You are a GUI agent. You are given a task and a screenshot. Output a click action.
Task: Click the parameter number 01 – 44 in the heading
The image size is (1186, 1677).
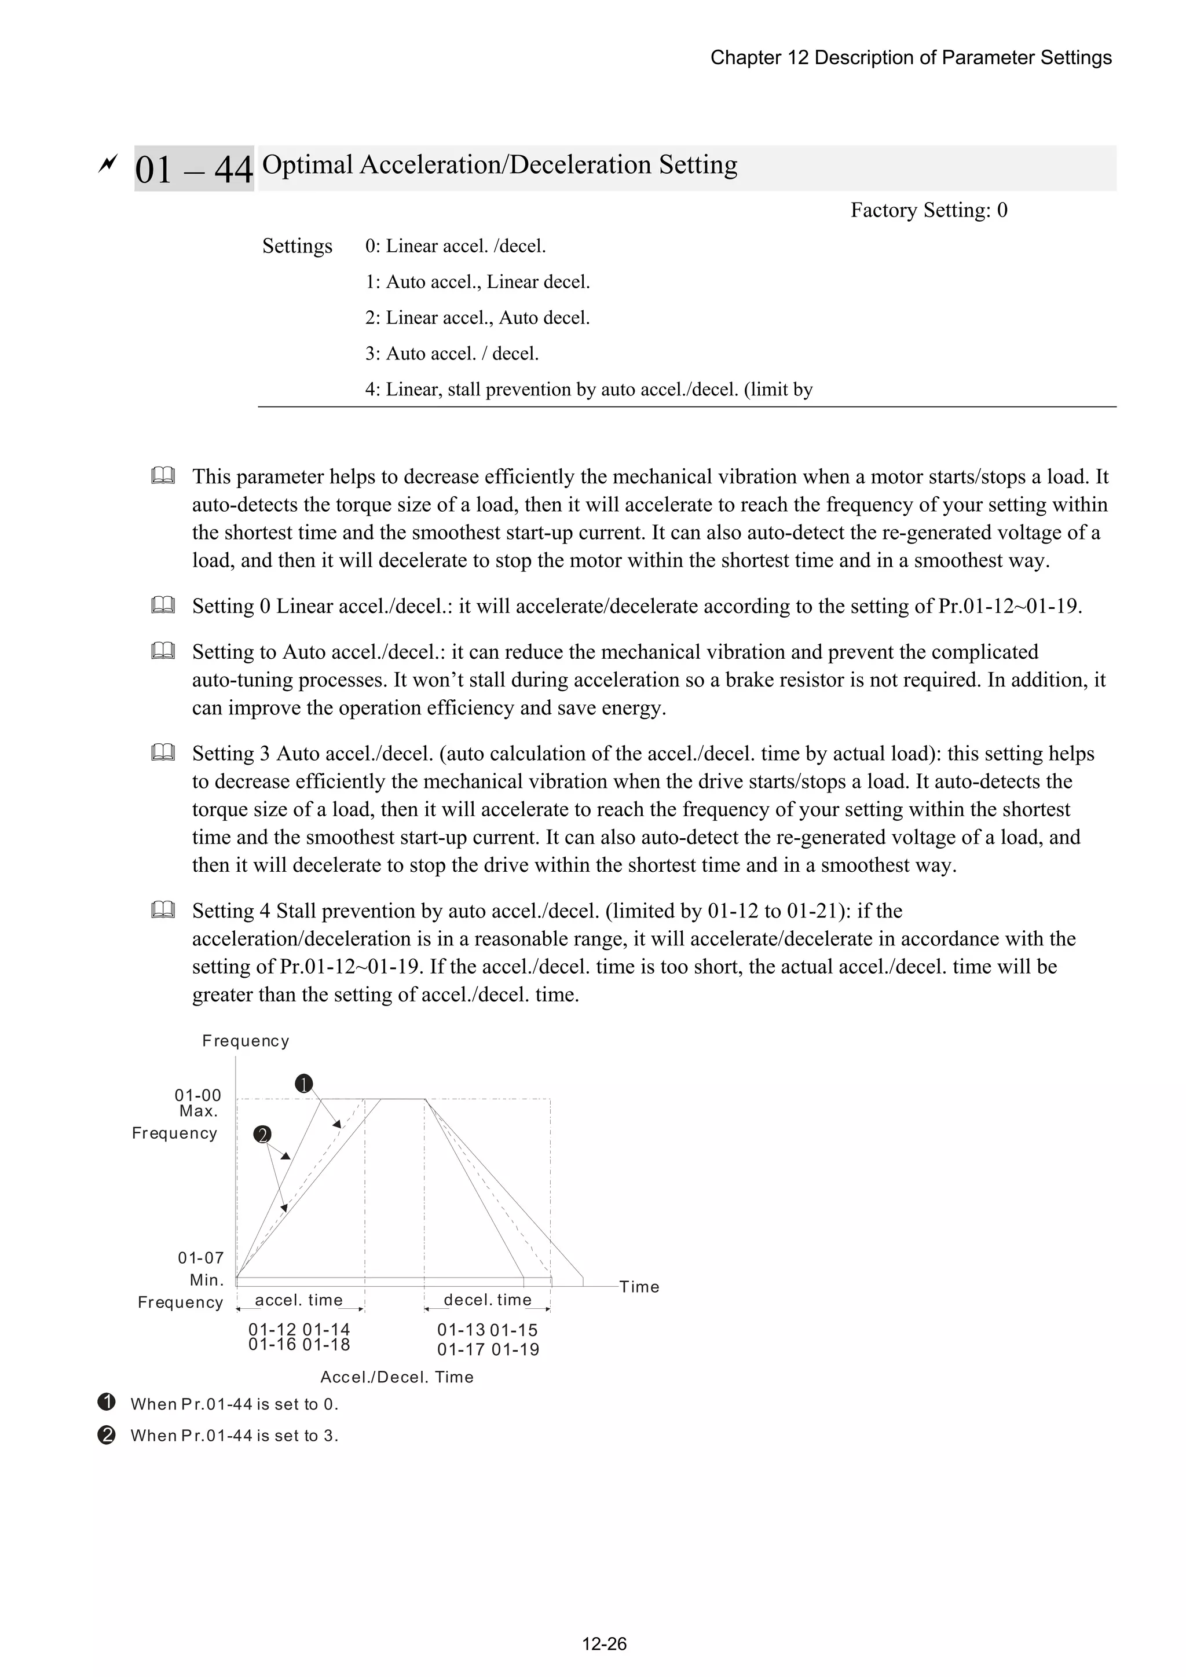193,170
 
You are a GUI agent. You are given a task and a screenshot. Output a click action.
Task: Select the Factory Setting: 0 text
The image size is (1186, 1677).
928,210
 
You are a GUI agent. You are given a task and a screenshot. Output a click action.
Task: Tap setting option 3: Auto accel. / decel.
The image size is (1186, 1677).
452,354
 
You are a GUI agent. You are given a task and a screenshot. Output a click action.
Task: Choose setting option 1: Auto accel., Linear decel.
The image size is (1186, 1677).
477,282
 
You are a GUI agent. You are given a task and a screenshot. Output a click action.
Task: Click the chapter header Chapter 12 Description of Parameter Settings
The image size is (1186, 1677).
910,58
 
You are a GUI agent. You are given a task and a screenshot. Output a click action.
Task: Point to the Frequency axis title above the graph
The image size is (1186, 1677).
246,1041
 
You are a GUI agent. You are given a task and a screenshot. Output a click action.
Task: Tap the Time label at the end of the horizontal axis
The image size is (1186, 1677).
639,1287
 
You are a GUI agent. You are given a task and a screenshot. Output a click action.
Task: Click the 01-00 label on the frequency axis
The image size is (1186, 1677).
197,1095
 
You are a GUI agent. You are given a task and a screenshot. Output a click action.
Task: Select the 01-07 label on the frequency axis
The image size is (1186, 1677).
200,1258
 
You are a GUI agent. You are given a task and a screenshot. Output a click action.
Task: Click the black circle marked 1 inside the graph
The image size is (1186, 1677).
304,1084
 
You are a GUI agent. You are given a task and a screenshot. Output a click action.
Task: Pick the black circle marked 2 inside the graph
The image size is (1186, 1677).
262,1135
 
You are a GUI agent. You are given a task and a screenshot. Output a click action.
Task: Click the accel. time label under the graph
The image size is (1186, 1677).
298,1300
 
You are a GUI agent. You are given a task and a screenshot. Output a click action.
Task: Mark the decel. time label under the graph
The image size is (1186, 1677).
488,1300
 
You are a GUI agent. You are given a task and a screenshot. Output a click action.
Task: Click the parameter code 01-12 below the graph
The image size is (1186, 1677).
272,1329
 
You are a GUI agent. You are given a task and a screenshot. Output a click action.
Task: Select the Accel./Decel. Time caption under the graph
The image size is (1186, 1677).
397,1377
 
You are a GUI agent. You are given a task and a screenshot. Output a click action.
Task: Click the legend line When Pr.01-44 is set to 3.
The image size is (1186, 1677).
234,1435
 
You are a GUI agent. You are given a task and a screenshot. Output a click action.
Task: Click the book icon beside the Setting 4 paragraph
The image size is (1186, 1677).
163,910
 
